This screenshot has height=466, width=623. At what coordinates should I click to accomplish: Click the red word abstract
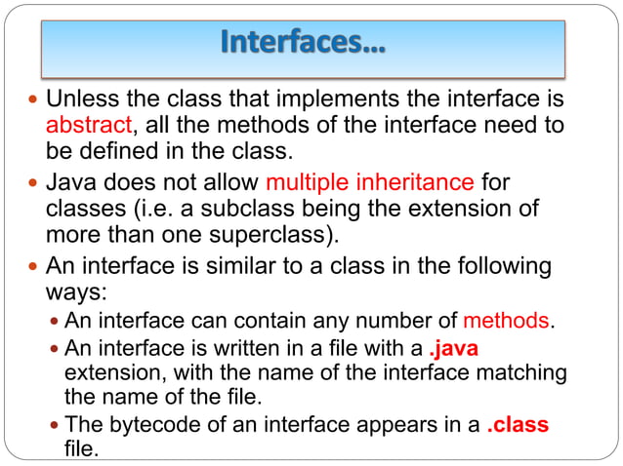[x=89, y=125]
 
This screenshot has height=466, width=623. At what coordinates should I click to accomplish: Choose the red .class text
[x=518, y=425]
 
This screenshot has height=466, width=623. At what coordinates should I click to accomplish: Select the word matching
[x=519, y=372]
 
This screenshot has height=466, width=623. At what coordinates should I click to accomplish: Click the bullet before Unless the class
[x=34, y=100]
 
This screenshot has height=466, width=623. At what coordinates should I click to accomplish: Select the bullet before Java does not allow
[x=34, y=183]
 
